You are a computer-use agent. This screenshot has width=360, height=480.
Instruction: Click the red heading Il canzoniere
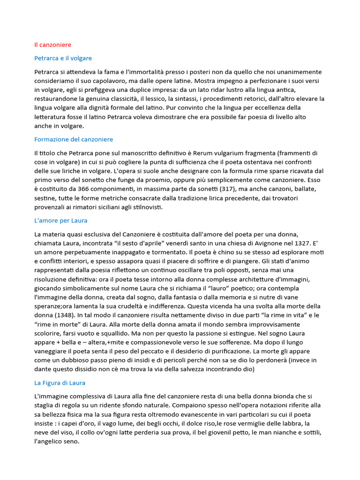[x=52, y=45]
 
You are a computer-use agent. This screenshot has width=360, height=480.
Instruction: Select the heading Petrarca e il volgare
[x=63, y=58]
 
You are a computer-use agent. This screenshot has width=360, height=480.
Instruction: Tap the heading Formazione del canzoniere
[x=74, y=139]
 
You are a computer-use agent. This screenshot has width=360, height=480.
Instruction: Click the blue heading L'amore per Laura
[x=61, y=220]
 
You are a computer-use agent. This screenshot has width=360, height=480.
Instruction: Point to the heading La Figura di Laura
[x=60, y=382]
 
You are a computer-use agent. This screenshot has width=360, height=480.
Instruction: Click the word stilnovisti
[x=146, y=207]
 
